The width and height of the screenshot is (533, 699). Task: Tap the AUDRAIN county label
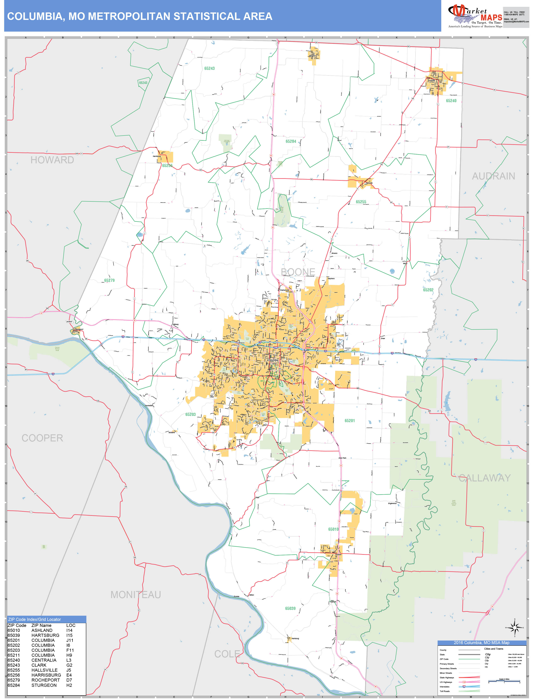(493, 176)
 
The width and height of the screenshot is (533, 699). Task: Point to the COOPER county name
(42, 438)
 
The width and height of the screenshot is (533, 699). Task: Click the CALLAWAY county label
(485, 478)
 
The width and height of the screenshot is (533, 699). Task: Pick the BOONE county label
(298, 272)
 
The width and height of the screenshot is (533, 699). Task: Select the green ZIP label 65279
(109, 280)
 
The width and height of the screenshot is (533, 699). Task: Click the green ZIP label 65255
(361, 202)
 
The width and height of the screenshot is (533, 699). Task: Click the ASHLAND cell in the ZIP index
(42, 630)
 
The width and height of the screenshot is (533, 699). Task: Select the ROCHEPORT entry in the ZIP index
(46, 680)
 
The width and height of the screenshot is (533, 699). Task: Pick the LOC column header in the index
(71, 625)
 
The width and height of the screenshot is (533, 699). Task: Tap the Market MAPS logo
(475, 16)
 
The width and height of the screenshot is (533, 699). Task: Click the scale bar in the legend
(504, 682)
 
